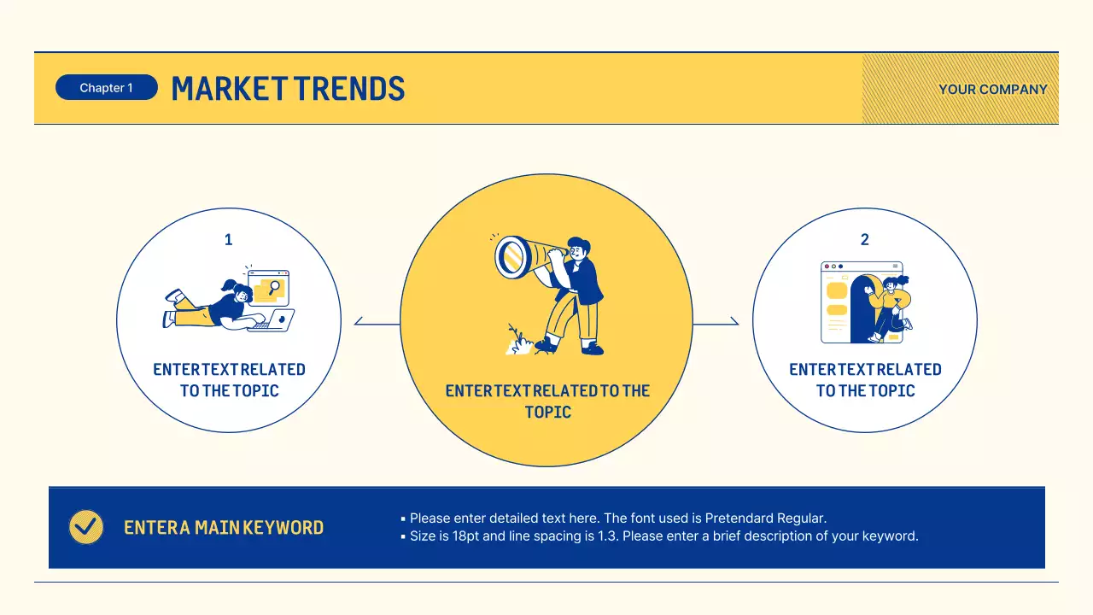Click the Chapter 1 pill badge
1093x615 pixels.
tap(106, 88)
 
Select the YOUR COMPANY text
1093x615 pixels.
tap(992, 90)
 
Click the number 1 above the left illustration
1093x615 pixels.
tap(228, 240)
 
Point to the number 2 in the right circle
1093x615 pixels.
tap(864, 240)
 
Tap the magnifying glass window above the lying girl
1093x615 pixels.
tap(269, 288)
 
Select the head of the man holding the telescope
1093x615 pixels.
tap(578, 249)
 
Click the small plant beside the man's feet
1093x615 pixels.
tap(516, 339)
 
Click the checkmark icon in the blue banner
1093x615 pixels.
tap(85, 527)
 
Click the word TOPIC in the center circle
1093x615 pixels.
tap(547, 412)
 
